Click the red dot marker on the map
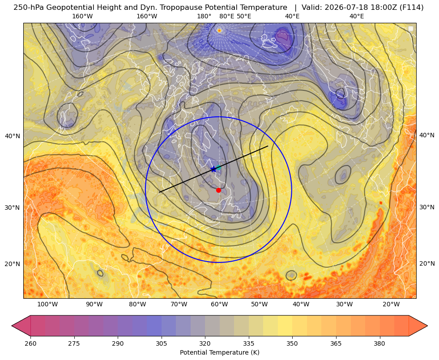coord(218,190)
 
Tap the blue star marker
coord(213,169)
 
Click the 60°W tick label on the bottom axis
coord(219,304)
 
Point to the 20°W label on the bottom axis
coord(391,304)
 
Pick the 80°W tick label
coord(137,304)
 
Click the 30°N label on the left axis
coord(13,208)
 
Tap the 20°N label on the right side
coord(427,263)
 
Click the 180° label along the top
coord(204,16)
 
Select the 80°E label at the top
coord(226,16)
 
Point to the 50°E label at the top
coord(244,16)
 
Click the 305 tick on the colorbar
coord(161,343)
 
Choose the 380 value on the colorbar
coord(379,343)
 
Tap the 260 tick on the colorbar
coord(30,343)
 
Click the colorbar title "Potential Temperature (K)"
coord(220,352)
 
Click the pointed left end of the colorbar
coord(12,326)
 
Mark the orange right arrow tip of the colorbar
coord(427,326)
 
